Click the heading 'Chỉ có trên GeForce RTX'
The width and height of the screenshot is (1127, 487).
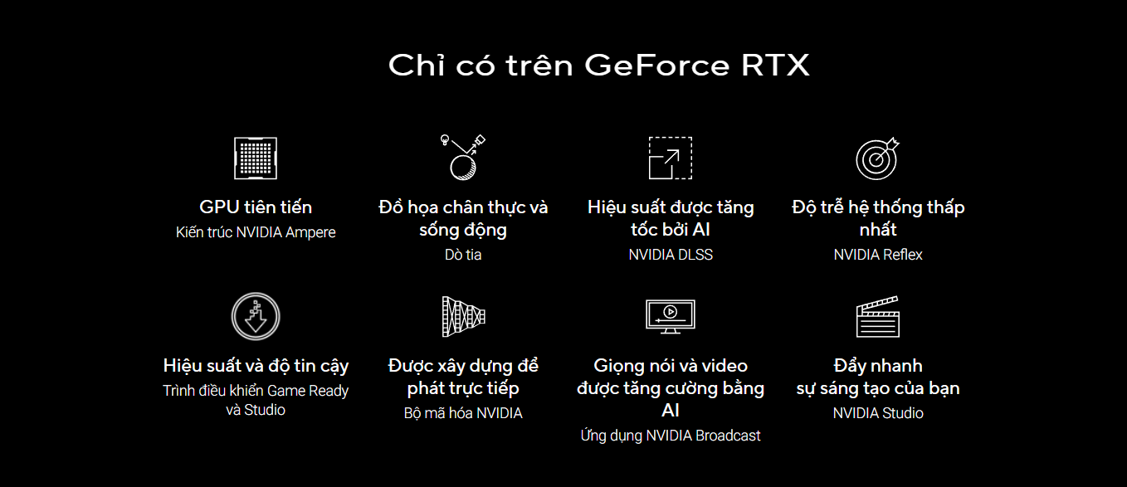pyautogui.click(x=598, y=66)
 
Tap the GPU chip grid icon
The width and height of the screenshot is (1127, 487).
pyautogui.click(x=256, y=158)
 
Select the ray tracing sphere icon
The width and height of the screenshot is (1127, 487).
pyautogui.click(x=463, y=158)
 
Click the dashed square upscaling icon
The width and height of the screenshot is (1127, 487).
pyautogui.click(x=671, y=158)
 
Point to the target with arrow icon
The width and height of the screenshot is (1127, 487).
pyautogui.click(x=878, y=158)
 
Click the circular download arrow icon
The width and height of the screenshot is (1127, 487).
pyautogui.click(x=256, y=316)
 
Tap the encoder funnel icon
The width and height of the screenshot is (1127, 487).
pyautogui.click(x=463, y=316)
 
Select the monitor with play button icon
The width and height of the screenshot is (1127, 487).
pyautogui.click(x=671, y=316)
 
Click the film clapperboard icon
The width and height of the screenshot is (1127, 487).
pyautogui.click(x=878, y=316)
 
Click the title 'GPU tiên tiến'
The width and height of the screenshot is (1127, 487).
pyautogui.click(x=256, y=207)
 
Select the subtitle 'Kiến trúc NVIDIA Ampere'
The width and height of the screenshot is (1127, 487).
pyautogui.click(x=256, y=232)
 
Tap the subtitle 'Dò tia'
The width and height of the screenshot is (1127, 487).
pyautogui.click(x=463, y=255)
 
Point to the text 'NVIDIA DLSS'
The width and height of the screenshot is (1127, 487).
pyautogui.click(x=671, y=255)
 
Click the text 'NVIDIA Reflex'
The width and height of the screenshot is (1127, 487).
pyautogui.click(x=878, y=255)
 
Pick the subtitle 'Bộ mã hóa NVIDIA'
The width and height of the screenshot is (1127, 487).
pyautogui.click(x=463, y=413)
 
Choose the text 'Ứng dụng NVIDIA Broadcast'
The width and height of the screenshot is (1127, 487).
pyautogui.click(x=671, y=436)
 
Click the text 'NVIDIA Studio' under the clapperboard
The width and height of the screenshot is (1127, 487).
pyautogui.click(x=878, y=413)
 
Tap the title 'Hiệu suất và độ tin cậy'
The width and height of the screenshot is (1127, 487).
pyautogui.click(x=256, y=366)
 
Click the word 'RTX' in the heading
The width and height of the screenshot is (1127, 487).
pyautogui.click(x=775, y=66)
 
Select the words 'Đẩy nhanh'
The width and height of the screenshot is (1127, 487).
pyautogui.click(x=878, y=366)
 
